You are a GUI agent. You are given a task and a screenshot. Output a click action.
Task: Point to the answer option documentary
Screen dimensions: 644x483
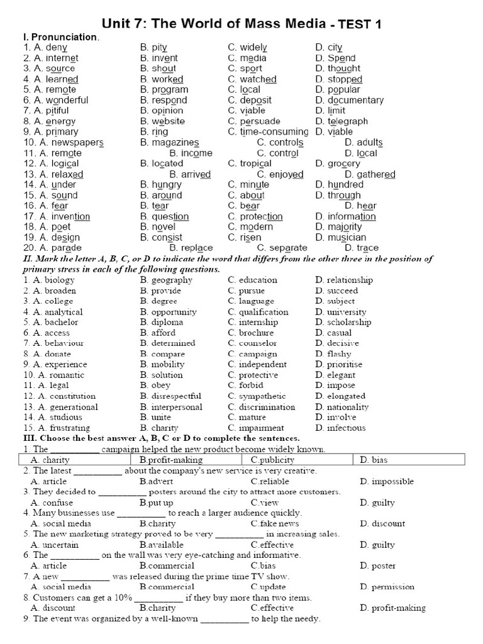tap(355, 100)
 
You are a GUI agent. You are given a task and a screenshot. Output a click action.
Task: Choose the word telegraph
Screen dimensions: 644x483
tap(347, 121)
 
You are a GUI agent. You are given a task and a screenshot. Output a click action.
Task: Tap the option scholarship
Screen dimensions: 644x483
tap(349, 323)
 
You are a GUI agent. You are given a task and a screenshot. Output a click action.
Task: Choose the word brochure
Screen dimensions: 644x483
tap(256, 333)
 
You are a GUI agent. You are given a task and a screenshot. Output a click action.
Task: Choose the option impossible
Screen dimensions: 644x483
tap(392, 482)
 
